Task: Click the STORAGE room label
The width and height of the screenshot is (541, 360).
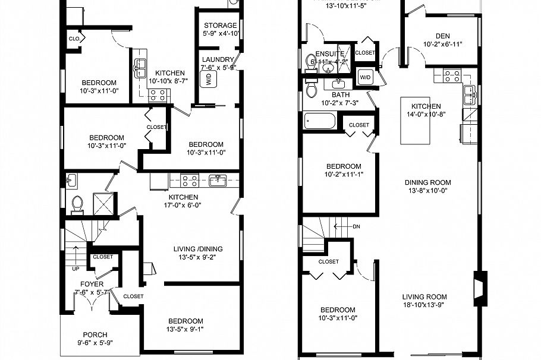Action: pos(221,26)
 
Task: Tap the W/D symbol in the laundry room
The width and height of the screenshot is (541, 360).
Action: pos(210,81)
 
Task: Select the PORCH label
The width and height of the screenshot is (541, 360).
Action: pos(95,334)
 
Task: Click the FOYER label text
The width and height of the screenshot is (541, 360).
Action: pos(92,284)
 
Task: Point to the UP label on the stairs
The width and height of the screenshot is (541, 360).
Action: pos(74,269)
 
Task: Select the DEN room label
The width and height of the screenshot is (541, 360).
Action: pos(442,35)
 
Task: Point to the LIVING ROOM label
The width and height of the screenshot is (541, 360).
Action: pos(424,297)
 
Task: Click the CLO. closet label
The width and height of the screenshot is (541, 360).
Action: pos(74,39)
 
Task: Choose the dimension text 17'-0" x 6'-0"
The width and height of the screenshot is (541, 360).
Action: pos(183,206)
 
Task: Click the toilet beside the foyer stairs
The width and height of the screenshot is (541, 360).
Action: pos(76,204)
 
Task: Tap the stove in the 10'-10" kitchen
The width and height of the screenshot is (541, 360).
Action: pos(156,94)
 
